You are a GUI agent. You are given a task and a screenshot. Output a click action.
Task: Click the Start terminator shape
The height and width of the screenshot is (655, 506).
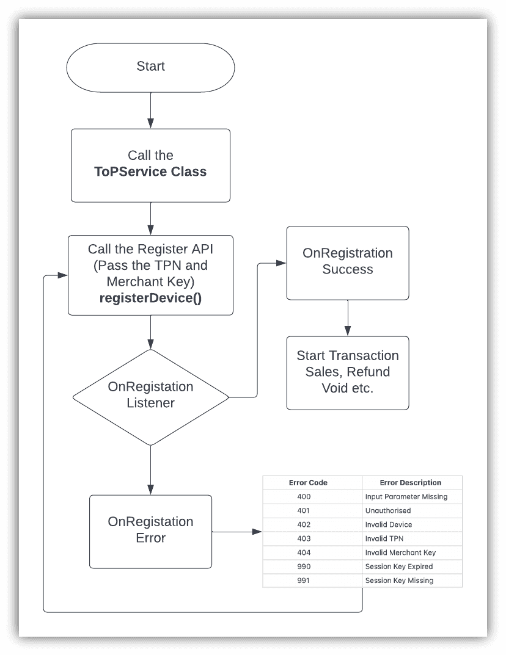pos(150,66)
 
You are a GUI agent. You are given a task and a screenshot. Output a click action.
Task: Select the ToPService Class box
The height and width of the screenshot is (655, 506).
pos(150,165)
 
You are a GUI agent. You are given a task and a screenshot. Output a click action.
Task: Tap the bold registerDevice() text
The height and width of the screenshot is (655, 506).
pos(150,299)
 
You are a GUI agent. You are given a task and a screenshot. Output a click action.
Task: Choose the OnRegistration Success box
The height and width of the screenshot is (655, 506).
pos(347,262)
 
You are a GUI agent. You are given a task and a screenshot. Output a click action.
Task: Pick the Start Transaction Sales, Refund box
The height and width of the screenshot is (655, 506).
pos(347,372)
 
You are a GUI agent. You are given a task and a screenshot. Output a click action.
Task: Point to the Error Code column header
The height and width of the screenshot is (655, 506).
pos(308,482)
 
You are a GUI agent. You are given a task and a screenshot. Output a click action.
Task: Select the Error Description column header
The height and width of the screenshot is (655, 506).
pos(410,482)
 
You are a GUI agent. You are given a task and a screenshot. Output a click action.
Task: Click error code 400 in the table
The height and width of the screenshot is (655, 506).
pos(304,496)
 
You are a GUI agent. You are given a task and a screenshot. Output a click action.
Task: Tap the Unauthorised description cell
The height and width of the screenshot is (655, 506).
pos(388,510)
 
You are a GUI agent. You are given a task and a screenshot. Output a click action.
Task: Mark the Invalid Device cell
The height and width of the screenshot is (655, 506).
pos(389,524)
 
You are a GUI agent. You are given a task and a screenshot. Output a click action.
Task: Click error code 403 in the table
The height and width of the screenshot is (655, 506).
pos(304,538)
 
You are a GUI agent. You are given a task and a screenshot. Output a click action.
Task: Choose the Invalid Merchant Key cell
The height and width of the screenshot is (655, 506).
pos(400,552)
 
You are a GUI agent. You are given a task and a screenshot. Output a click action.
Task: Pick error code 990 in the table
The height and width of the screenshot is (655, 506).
pos(304,566)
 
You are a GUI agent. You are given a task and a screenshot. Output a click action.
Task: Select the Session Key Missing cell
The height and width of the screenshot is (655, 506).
pos(399,581)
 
